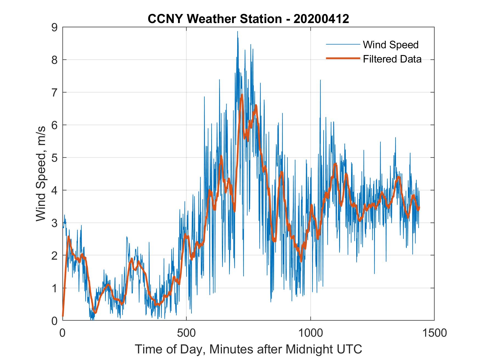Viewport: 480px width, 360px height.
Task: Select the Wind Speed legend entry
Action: click(x=391, y=45)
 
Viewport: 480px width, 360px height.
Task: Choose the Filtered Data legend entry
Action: click(x=392, y=59)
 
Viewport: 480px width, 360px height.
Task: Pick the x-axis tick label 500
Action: click(x=186, y=333)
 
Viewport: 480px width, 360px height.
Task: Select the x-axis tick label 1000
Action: click(x=310, y=333)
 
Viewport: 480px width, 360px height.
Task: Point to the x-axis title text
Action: click(x=248, y=349)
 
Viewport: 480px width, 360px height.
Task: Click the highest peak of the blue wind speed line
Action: click(x=238, y=32)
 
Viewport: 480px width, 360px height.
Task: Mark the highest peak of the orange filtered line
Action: click(x=242, y=95)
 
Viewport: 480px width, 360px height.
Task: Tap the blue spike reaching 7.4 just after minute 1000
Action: click(x=320, y=80)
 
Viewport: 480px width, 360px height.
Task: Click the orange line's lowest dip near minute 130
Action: click(x=95, y=312)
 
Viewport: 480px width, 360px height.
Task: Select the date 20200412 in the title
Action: click(x=321, y=19)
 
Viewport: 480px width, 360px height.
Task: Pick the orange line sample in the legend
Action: click(x=343, y=58)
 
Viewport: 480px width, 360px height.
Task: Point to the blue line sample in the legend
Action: click(x=343, y=44)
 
